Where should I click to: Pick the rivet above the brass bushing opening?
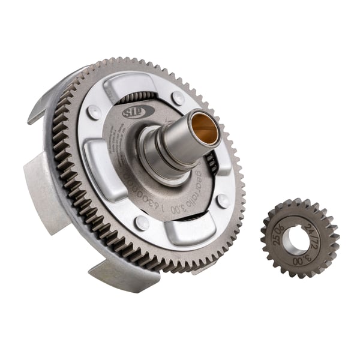tap(178, 98)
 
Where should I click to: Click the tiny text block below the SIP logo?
tap(122, 136)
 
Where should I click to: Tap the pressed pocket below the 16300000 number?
tap(180, 231)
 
